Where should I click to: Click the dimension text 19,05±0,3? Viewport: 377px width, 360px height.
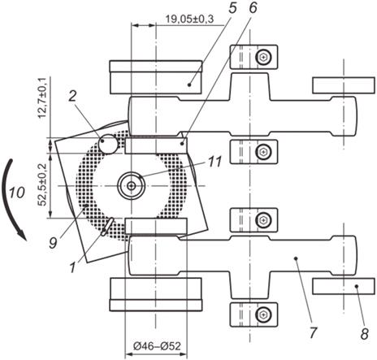click(189, 19)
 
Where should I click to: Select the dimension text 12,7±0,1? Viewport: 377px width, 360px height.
click(42, 98)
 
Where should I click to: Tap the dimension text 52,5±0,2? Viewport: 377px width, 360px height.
click(42, 184)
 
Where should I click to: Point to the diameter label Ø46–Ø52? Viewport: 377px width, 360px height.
click(157, 346)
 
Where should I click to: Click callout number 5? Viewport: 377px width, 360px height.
click(232, 7)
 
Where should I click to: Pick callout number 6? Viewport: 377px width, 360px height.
click(253, 7)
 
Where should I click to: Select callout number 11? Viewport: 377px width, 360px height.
click(214, 162)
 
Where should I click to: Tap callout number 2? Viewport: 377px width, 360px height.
click(72, 96)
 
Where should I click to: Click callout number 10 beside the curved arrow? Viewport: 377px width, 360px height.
click(17, 193)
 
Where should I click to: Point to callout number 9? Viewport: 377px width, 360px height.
click(53, 243)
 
